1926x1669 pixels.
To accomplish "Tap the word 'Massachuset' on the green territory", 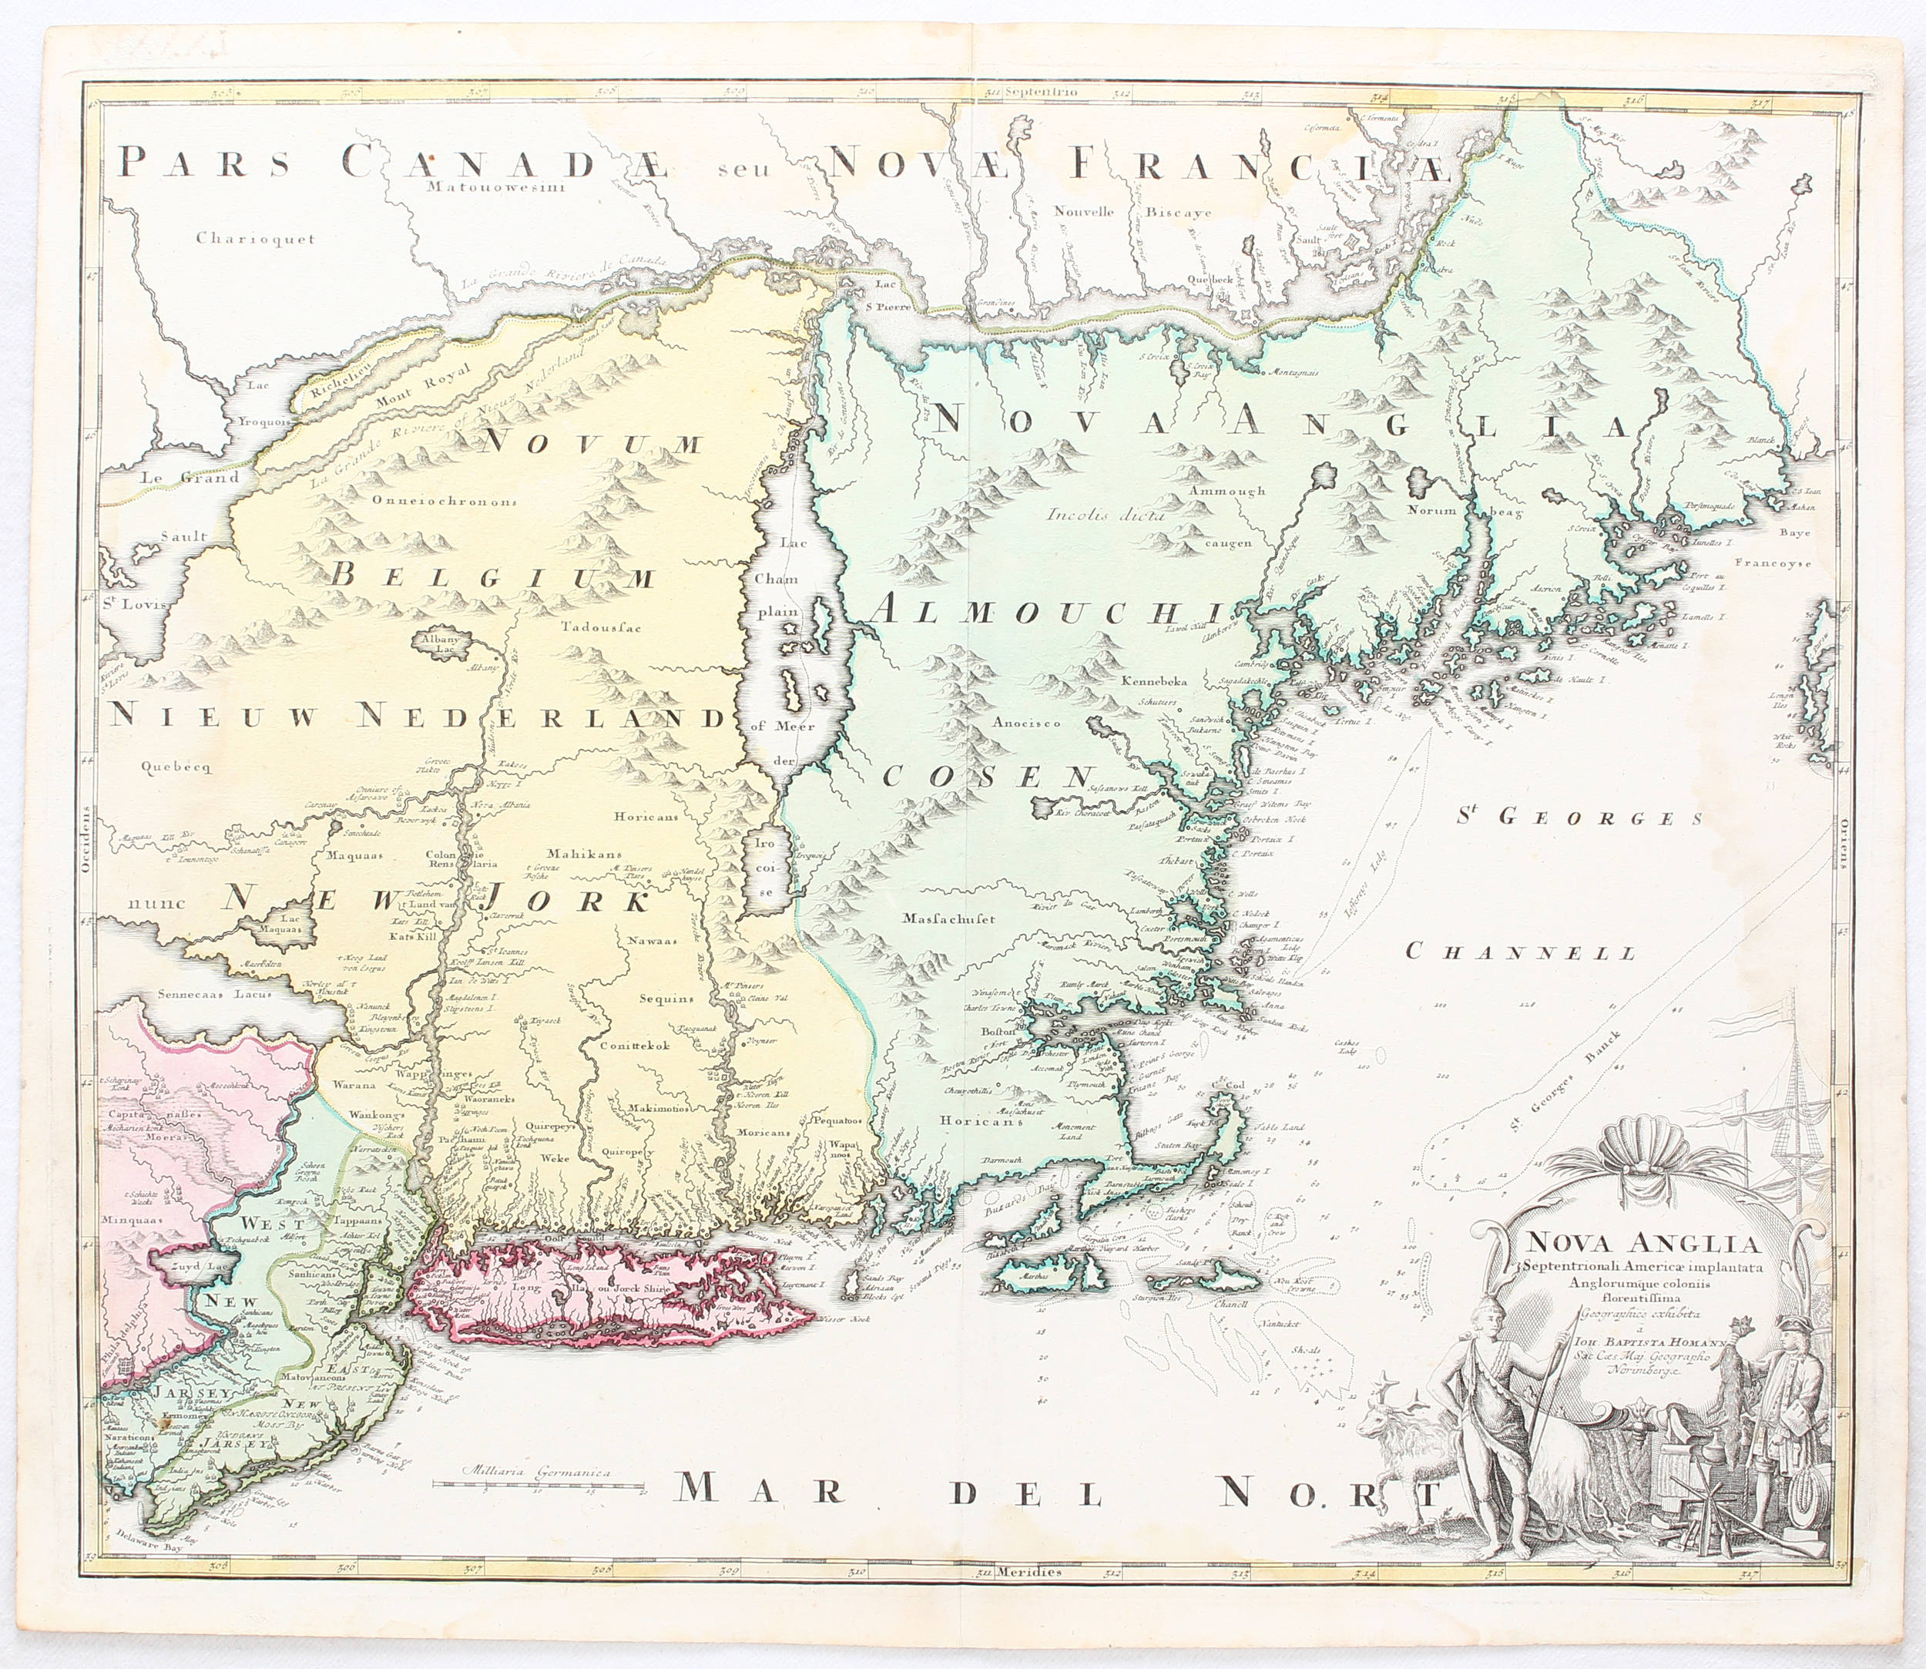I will click(x=948, y=918).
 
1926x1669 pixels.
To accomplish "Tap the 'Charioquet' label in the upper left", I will click(x=255, y=238).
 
